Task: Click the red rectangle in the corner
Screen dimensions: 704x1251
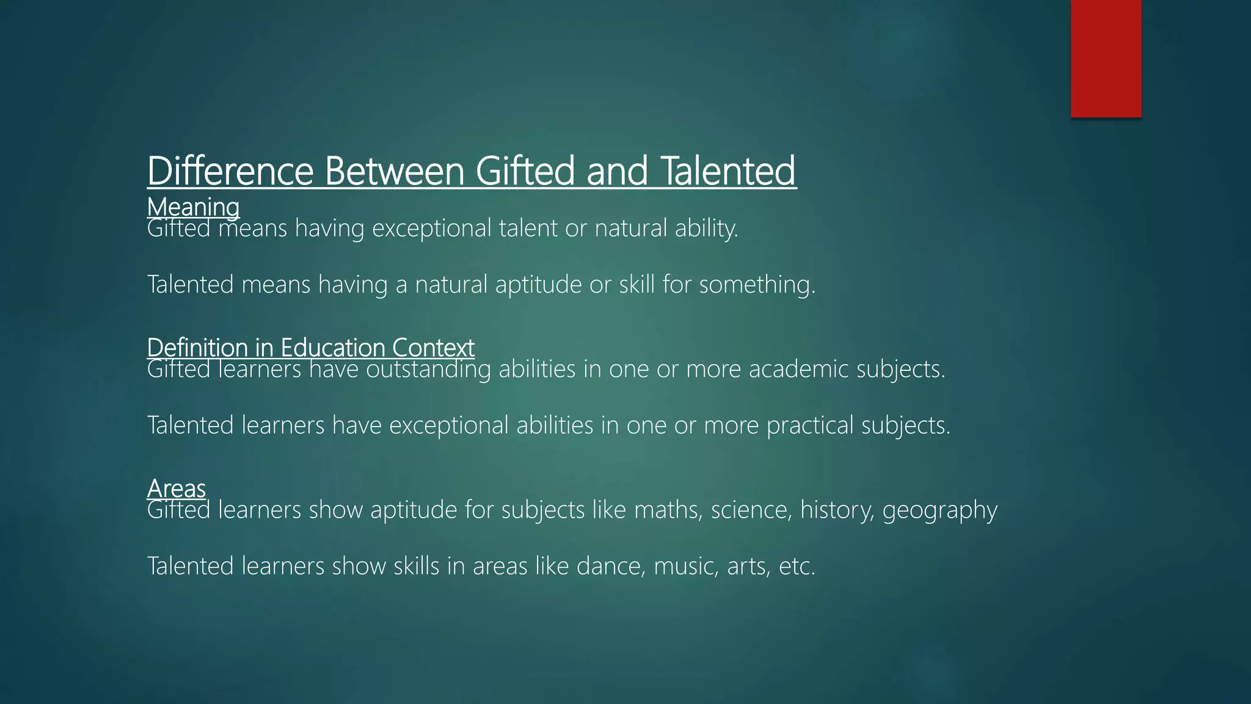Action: (x=1106, y=58)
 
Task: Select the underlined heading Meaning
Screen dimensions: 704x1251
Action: (x=193, y=207)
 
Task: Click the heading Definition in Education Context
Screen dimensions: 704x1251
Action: (x=310, y=348)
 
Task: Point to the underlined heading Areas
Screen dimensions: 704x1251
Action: (x=176, y=488)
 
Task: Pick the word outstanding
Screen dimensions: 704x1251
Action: (x=428, y=369)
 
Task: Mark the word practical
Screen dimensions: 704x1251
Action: (x=810, y=425)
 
